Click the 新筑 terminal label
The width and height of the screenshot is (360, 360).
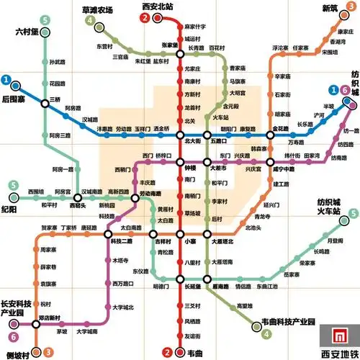point(330,8)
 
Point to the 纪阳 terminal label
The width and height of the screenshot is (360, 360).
point(9,210)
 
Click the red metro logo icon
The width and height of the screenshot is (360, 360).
point(333,336)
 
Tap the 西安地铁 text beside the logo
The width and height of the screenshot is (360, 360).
point(338,354)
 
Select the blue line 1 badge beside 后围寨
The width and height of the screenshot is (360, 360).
point(6,79)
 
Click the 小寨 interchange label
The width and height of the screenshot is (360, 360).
point(190,242)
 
